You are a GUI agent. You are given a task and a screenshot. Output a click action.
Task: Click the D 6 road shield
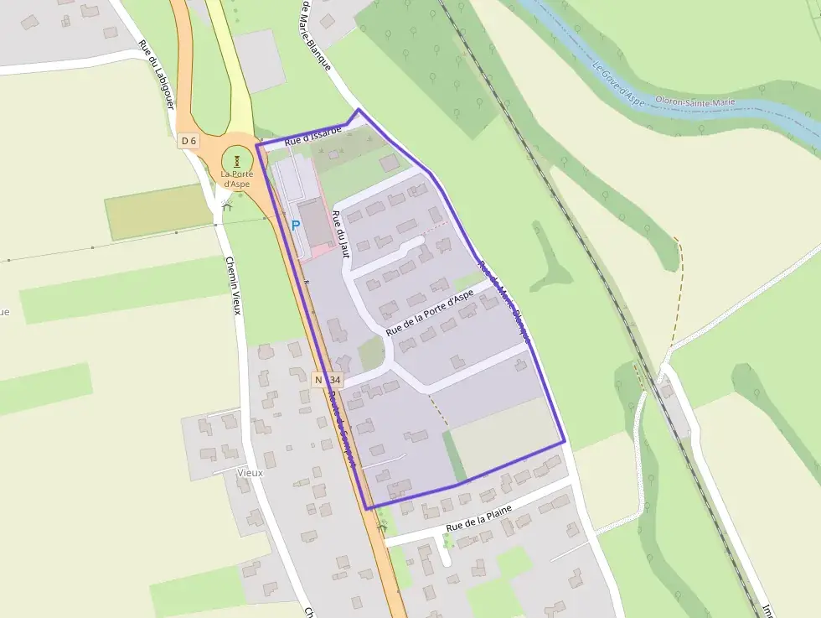pyautogui.click(x=188, y=141)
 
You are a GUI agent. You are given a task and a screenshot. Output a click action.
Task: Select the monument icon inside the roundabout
pyautogui.click(x=237, y=160)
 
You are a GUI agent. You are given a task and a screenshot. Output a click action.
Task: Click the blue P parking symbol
pyautogui.click(x=296, y=225)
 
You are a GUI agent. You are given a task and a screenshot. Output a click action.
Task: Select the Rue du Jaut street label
pyautogui.click(x=339, y=228)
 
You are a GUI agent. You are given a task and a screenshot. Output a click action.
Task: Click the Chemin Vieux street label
pyautogui.click(x=233, y=286)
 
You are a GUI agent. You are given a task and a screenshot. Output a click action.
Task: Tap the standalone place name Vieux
pyautogui.click(x=250, y=473)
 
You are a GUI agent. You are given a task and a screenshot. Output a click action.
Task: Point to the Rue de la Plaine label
pyautogui.click(x=478, y=518)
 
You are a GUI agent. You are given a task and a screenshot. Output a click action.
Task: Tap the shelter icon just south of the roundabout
pyautogui.click(x=225, y=203)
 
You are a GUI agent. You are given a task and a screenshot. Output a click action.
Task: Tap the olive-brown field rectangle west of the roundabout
pyautogui.click(x=158, y=211)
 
